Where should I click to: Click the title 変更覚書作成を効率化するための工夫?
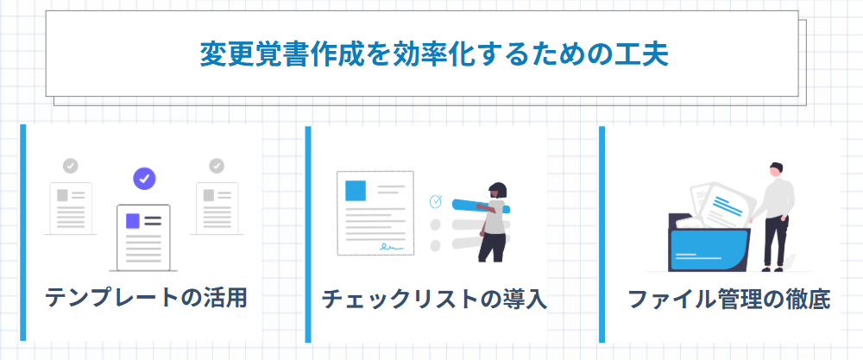pyautogui.click(x=434, y=54)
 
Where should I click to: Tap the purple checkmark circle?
pyautogui.click(x=145, y=179)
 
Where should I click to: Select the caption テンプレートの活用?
pyautogui.click(x=146, y=298)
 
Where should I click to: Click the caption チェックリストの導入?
pyautogui.click(x=434, y=300)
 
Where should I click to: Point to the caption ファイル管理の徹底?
pyautogui.click(x=728, y=300)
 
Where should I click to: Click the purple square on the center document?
pyautogui.click(x=132, y=221)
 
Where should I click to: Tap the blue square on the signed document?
pyautogui.click(x=355, y=191)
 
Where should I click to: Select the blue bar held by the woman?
pyautogui.click(x=481, y=205)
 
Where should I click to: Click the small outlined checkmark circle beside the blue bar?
pyautogui.click(x=435, y=201)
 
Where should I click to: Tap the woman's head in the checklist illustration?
pyautogui.click(x=497, y=191)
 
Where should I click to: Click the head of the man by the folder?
pyautogui.click(x=776, y=169)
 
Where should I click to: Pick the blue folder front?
pyautogui.click(x=709, y=249)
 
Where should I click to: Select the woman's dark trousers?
pyautogui.click(x=492, y=246)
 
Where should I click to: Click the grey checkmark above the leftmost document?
pyautogui.click(x=71, y=165)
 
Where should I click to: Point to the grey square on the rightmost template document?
pyautogui.click(x=209, y=195)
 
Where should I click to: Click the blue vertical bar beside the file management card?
pyautogui.click(x=602, y=235)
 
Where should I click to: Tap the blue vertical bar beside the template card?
pyautogui.click(x=23, y=232)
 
